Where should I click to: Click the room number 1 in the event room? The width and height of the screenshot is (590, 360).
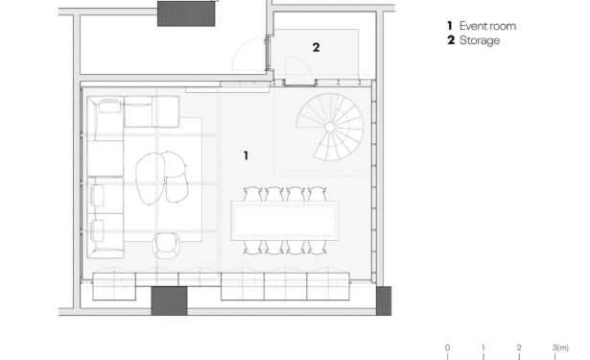(x=247, y=156)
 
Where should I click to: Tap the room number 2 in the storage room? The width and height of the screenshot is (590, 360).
(x=316, y=47)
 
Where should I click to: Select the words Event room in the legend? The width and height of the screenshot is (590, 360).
(x=487, y=26)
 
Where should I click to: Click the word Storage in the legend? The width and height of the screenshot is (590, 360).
(x=480, y=40)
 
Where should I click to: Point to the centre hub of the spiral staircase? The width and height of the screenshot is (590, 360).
(x=330, y=127)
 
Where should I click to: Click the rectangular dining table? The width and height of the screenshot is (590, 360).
(x=285, y=221)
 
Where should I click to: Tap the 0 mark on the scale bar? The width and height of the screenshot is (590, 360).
(x=447, y=348)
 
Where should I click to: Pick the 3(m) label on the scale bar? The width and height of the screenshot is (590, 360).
(x=560, y=348)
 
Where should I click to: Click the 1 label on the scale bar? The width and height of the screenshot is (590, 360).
(x=484, y=348)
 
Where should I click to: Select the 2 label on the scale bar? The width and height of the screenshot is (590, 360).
(x=519, y=348)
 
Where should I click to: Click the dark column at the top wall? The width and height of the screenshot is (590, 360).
(x=186, y=13)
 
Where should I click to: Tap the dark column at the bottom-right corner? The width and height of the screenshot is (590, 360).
(x=384, y=300)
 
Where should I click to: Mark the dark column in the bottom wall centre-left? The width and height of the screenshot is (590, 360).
(x=169, y=300)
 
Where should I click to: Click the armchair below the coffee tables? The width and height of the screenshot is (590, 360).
(x=166, y=245)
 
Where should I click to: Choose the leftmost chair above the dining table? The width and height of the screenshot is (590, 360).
(x=252, y=194)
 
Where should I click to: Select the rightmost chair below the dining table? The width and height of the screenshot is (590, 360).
(x=318, y=247)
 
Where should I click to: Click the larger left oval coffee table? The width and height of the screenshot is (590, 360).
(x=150, y=179)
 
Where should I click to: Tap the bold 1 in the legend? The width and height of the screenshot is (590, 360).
(x=450, y=26)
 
